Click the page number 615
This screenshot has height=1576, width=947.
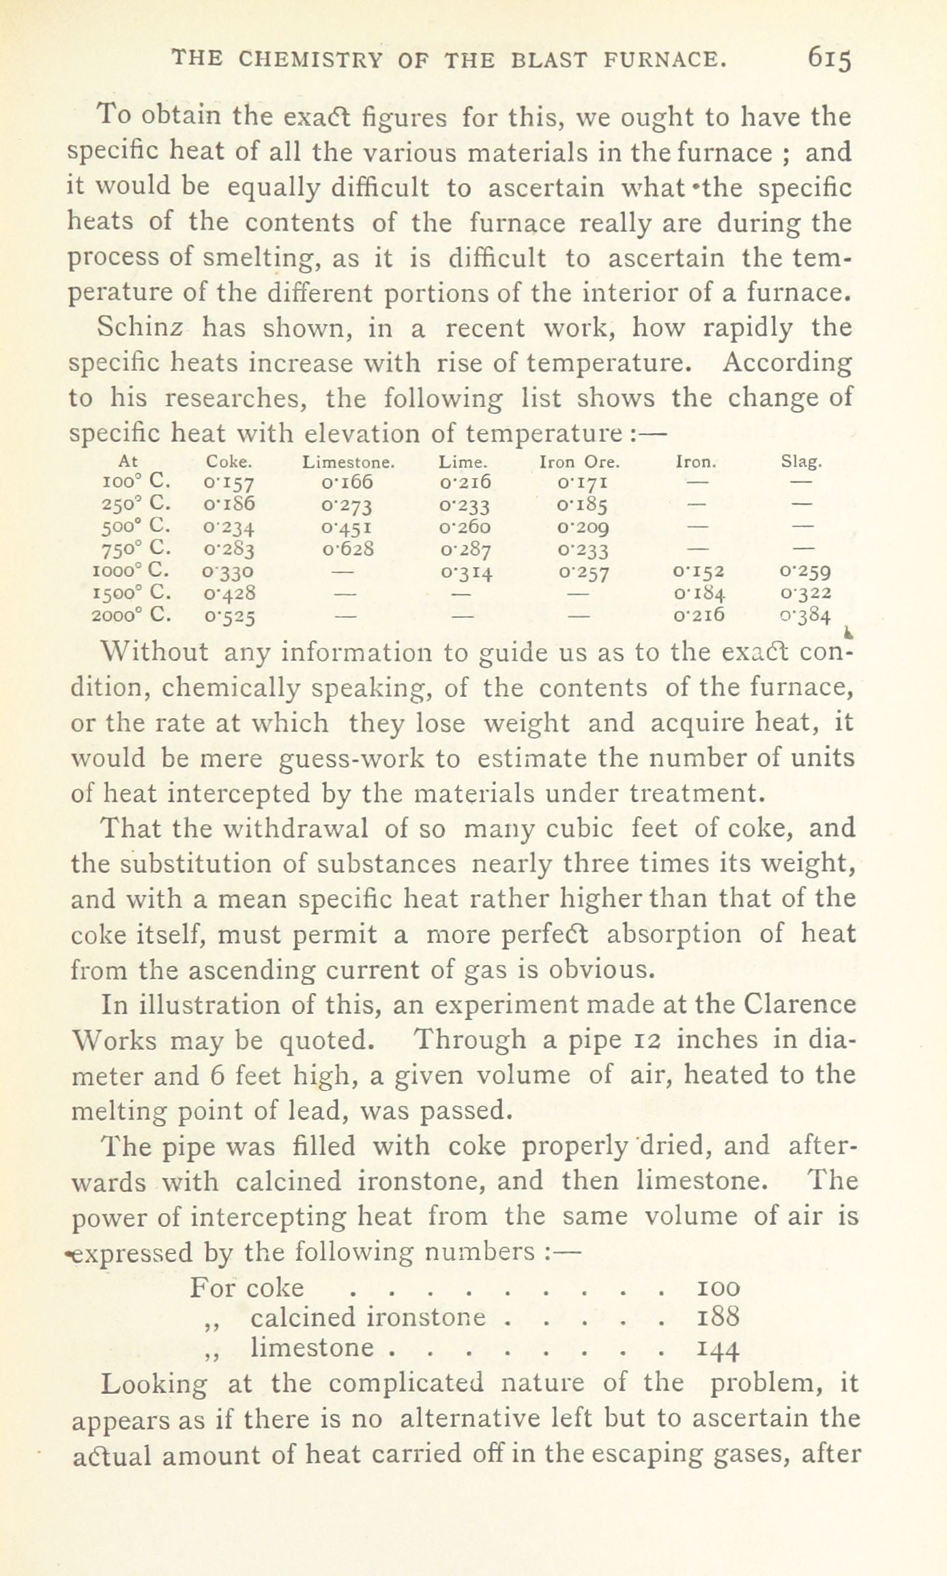point(829,59)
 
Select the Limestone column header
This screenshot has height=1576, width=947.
point(349,462)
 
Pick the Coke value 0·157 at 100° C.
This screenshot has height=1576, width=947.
point(229,484)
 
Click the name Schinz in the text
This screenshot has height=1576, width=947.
point(140,328)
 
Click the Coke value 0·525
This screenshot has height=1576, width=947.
point(229,616)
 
